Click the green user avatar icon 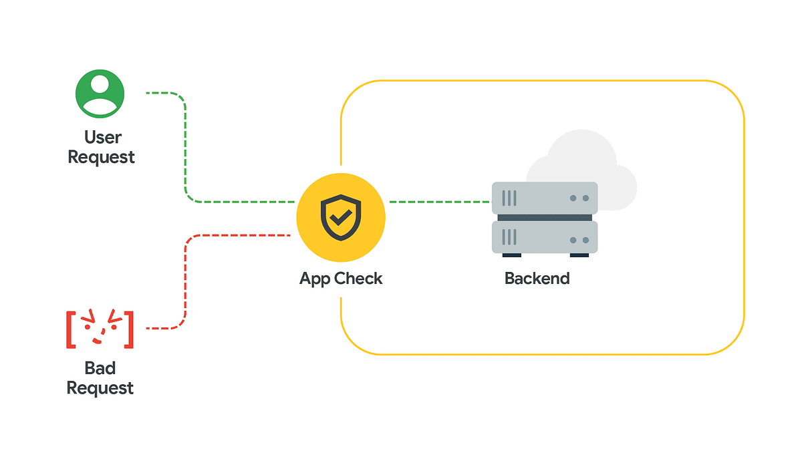(100, 94)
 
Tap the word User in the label (103, 138)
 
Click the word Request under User (102, 158)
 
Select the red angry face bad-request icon (100, 329)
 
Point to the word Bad (100, 368)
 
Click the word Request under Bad (100, 388)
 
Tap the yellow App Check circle (341, 218)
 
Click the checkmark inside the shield (342, 216)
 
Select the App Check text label (341, 279)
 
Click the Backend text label (537, 279)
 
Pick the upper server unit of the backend (545, 198)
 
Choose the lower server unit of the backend (545, 237)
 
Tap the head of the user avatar (100, 84)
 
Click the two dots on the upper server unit (579, 198)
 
